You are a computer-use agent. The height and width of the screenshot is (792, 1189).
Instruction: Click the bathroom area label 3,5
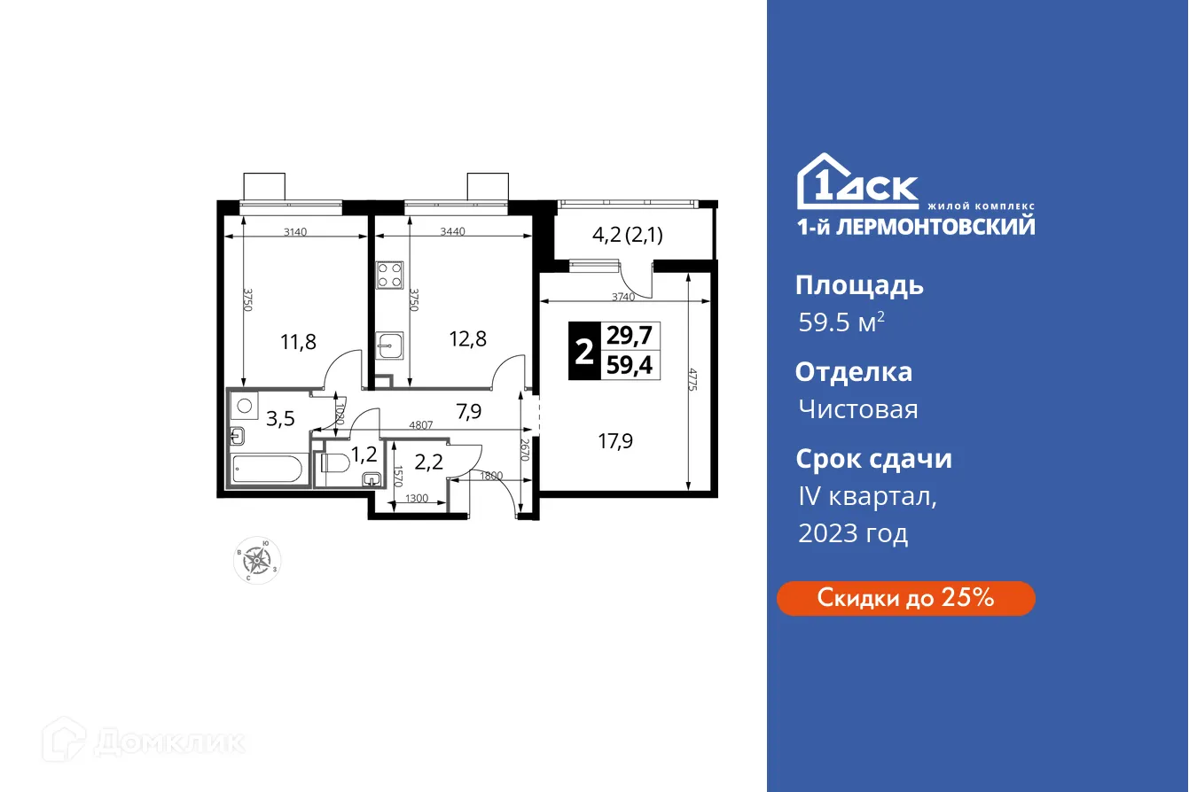coord(280,419)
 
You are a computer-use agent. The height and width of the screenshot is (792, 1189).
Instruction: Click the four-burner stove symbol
coord(390,276)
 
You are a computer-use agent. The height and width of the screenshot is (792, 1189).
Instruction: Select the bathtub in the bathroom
coord(267,468)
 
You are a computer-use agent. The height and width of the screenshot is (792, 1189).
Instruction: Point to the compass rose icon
coord(258,560)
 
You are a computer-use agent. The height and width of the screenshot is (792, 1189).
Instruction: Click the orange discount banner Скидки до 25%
coord(905,598)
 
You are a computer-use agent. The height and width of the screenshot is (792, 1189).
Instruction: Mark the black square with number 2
coord(583,350)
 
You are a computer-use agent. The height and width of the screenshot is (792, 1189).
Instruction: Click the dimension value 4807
coord(421,425)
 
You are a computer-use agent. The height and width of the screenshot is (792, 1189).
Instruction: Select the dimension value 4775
coord(699,380)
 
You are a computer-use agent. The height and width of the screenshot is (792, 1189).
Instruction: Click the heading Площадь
coord(858,285)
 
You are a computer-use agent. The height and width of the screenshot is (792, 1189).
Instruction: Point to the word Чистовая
coord(857,409)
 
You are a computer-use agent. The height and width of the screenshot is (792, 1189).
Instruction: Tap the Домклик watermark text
coord(168,742)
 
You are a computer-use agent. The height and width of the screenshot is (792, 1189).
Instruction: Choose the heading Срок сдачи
coord(872,459)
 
